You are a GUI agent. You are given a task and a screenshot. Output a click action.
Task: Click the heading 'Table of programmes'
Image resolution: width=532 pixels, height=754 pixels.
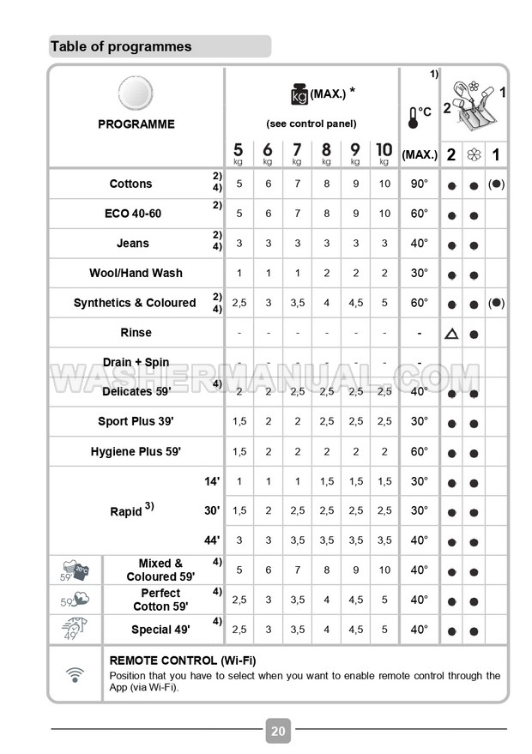point(121,46)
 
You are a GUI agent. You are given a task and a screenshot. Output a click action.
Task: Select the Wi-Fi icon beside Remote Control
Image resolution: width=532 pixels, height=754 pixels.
point(75,674)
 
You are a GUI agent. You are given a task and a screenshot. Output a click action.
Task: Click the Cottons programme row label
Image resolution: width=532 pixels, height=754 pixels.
point(130,184)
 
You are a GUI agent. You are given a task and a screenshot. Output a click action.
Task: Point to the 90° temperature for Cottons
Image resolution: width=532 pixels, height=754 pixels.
point(418,184)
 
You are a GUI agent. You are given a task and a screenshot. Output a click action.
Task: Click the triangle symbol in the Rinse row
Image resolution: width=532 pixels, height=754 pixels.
point(451,333)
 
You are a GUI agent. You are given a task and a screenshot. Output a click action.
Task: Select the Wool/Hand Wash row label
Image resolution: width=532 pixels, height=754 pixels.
point(136,273)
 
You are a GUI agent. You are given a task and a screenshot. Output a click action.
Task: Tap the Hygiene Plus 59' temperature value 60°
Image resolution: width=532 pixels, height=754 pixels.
point(418,451)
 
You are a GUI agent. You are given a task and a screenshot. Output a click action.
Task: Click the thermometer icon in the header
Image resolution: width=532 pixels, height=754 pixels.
point(414,118)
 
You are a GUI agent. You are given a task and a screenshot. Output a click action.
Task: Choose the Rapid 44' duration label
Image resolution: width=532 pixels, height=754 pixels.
point(212,540)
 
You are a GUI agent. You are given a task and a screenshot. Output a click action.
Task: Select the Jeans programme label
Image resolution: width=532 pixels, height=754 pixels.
point(132,243)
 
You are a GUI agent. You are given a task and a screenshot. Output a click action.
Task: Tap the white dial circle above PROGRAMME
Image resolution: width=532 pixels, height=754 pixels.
point(135,93)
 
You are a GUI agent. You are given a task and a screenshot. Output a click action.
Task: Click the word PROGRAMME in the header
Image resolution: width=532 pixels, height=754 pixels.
point(136,124)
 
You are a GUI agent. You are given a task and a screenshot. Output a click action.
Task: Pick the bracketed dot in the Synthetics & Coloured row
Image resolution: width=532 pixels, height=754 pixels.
point(497,302)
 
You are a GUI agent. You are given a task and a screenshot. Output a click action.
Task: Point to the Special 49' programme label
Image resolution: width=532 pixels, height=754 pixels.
point(160,630)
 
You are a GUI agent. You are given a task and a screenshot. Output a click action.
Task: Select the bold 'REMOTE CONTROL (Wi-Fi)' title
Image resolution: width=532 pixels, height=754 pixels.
point(184,661)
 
